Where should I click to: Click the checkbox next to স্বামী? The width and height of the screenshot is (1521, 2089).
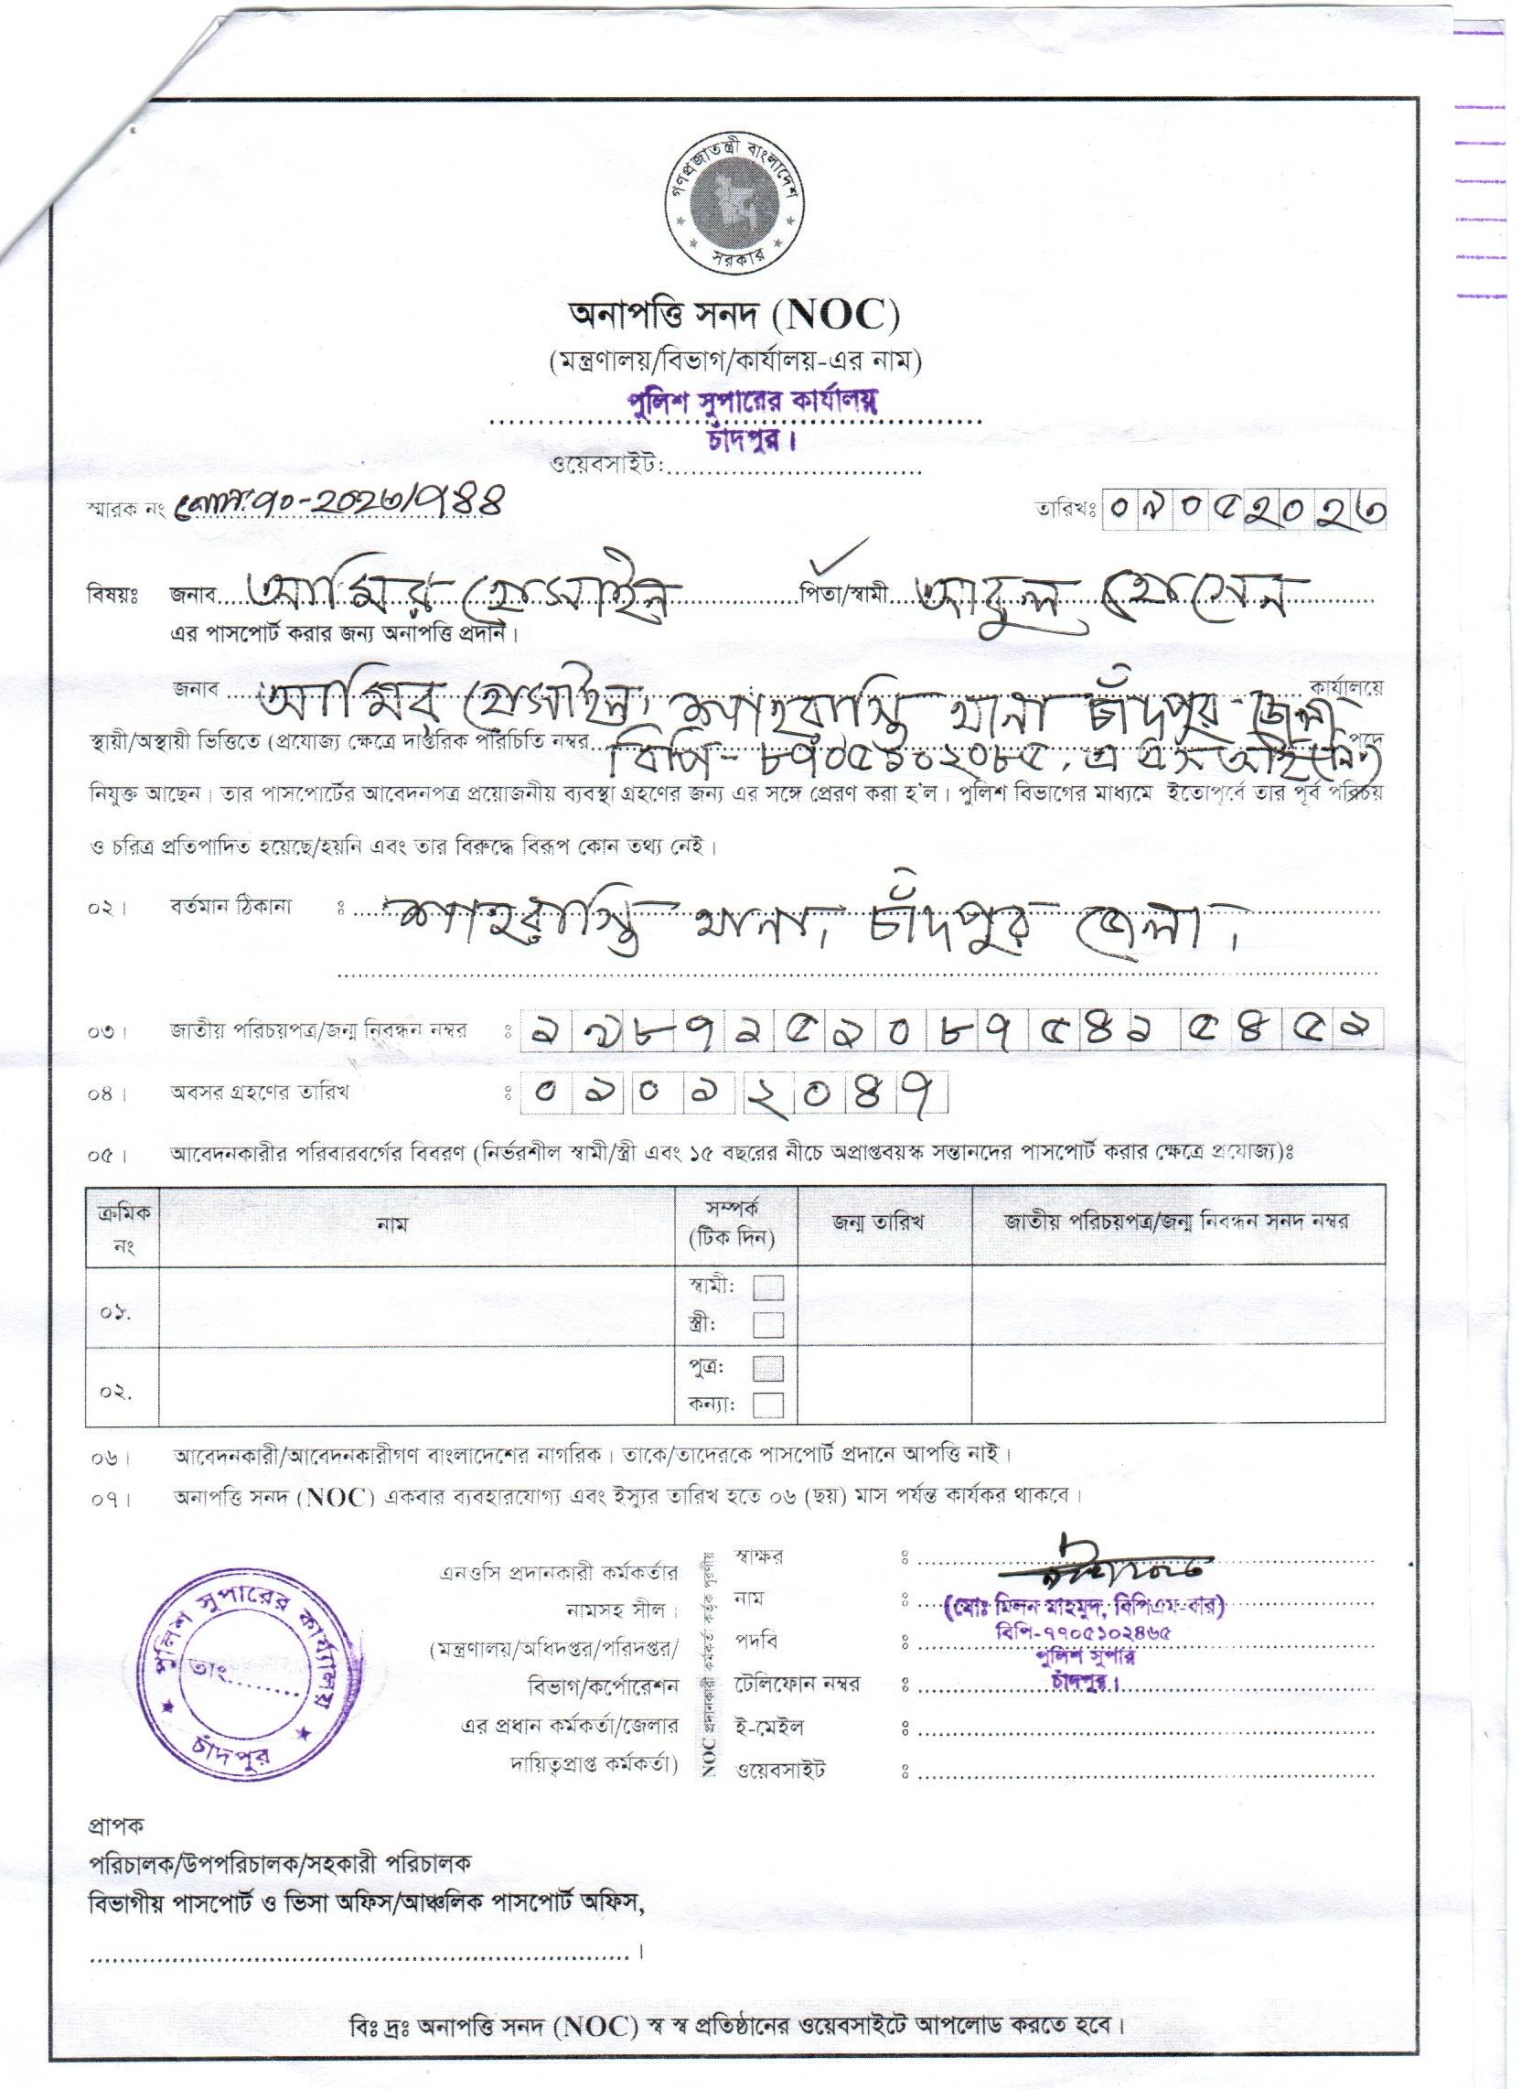pyautogui.click(x=769, y=1287)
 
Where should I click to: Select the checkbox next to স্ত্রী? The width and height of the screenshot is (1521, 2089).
pyautogui.click(x=769, y=1325)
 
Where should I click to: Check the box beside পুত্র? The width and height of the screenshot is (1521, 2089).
pyautogui.click(x=769, y=1369)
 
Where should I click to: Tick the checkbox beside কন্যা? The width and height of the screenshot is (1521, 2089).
pyautogui.click(x=769, y=1405)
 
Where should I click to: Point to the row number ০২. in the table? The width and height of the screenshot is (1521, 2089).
pyautogui.click(x=118, y=1392)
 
